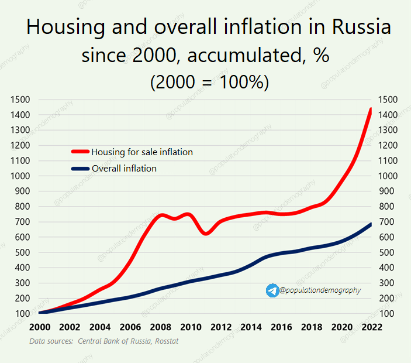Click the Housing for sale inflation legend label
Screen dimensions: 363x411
(x=142, y=152)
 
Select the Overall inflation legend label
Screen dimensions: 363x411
(x=124, y=169)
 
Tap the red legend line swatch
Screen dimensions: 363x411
(x=80, y=152)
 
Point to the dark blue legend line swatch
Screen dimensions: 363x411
(x=80, y=169)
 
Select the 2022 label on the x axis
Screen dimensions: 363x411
(x=371, y=327)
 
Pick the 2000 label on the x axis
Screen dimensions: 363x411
(x=40, y=327)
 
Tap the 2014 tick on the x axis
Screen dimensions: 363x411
(x=251, y=327)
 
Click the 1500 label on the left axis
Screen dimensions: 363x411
(x=20, y=100)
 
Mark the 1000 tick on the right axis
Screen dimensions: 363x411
(x=390, y=176)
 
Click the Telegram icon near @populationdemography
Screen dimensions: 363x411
(x=272, y=290)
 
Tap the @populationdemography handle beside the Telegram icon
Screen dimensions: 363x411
(x=320, y=290)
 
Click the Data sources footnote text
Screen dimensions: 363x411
(x=103, y=341)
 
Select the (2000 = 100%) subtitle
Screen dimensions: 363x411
(x=209, y=83)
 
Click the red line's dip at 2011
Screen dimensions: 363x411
(x=205, y=234)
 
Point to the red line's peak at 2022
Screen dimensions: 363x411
(x=371, y=109)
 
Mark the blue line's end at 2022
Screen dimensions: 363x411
(x=371, y=224)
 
